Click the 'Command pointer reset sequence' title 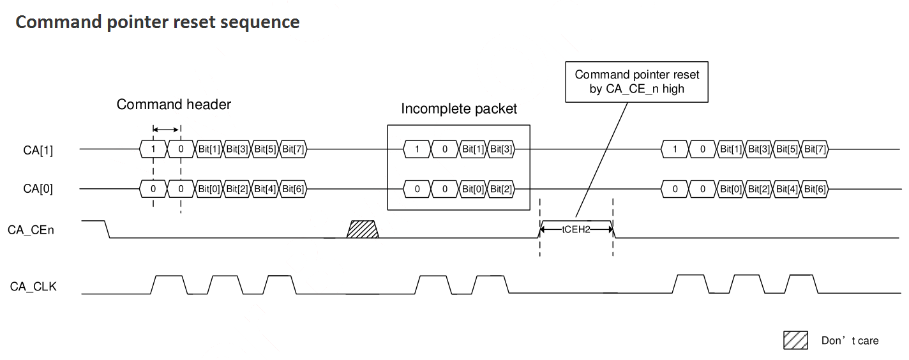158,22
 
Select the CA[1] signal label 38,150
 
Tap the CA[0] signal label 38,189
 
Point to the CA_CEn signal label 31,230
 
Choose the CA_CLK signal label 33,287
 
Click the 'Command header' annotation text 174,104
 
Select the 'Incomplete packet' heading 459,109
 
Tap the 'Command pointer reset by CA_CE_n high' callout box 636,82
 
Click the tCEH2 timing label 576,230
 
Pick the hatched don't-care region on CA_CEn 363,229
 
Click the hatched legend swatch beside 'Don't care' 795,340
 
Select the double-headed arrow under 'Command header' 165,130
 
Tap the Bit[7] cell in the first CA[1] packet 293,149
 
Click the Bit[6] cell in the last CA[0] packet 815,189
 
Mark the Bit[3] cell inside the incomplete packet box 500,149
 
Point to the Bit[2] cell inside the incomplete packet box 500,189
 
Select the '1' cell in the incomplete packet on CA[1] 417,149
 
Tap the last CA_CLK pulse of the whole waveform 802,283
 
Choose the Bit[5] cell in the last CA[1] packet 786,149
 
